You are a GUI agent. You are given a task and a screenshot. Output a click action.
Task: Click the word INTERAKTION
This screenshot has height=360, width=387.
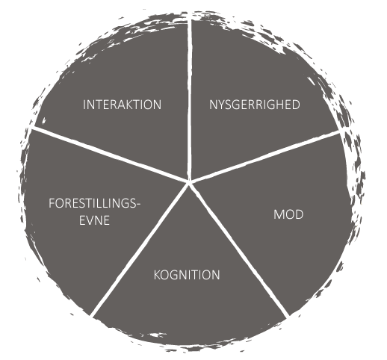coord(122,105)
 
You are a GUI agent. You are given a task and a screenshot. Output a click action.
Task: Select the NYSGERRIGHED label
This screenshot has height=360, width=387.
coord(255,105)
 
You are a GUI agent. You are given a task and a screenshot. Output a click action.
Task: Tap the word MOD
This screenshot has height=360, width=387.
coord(288,214)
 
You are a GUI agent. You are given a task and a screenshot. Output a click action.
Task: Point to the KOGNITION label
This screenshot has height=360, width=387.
coord(187,275)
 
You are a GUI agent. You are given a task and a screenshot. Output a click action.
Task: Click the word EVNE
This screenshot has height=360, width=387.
coord(94,220)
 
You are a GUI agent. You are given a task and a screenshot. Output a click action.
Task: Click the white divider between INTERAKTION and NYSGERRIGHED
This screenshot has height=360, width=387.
coord(190,97)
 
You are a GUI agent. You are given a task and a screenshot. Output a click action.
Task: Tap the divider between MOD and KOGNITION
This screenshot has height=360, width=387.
coord(240,249)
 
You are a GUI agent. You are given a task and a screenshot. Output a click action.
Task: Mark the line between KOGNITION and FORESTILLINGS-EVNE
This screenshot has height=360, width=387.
coord(140,249)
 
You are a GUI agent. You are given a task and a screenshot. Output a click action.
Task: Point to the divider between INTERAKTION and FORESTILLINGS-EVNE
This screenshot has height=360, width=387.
coord(109,155)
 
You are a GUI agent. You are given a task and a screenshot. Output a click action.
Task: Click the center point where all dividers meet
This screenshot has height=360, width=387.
coord(190,182)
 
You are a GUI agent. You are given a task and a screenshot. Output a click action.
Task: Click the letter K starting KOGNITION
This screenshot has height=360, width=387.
coord(157,275)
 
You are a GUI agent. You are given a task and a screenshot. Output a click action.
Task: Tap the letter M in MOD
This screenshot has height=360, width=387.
coord(278,214)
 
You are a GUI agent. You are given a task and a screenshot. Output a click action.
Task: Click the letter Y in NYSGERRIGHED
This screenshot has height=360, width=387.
coord(222,105)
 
